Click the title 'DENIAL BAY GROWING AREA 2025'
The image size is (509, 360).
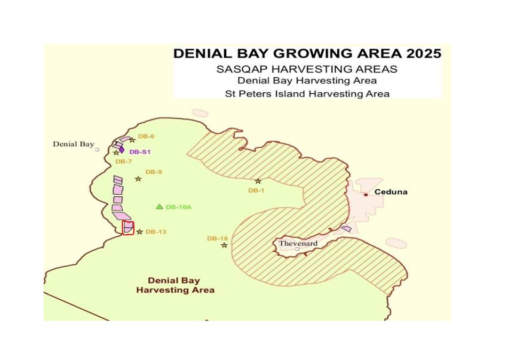(x=307, y=54)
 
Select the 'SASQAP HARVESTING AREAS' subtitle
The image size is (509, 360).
(x=307, y=69)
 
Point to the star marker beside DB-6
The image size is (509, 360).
(x=132, y=140)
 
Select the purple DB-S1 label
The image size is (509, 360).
(x=140, y=152)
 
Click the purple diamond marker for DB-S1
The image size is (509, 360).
(x=122, y=150)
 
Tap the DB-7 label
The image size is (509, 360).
(x=123, y=161)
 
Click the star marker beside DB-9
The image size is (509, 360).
(x=138, y=179)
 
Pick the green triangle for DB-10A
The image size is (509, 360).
(x=159, y=206)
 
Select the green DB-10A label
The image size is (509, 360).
(x=178, y=207)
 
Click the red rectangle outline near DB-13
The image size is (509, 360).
(x=128, y=228)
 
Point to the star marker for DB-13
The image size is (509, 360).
(x=140, y=231)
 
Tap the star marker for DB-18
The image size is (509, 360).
(x=224, y=245)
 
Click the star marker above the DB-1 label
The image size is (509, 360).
(x=258, y=181)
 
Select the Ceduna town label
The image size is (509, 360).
(x=391, y=192)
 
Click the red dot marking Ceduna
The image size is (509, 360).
(x=365, y=195)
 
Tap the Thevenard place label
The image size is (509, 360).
(x=298, y=243)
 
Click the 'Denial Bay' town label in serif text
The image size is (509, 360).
(x=73, y=144)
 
